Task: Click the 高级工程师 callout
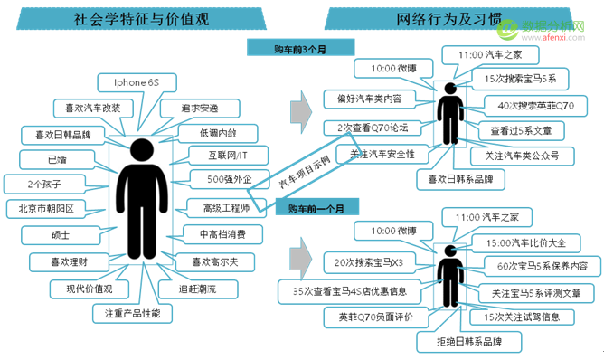(x=224, y=208)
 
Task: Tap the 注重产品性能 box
(x=132, y=313)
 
